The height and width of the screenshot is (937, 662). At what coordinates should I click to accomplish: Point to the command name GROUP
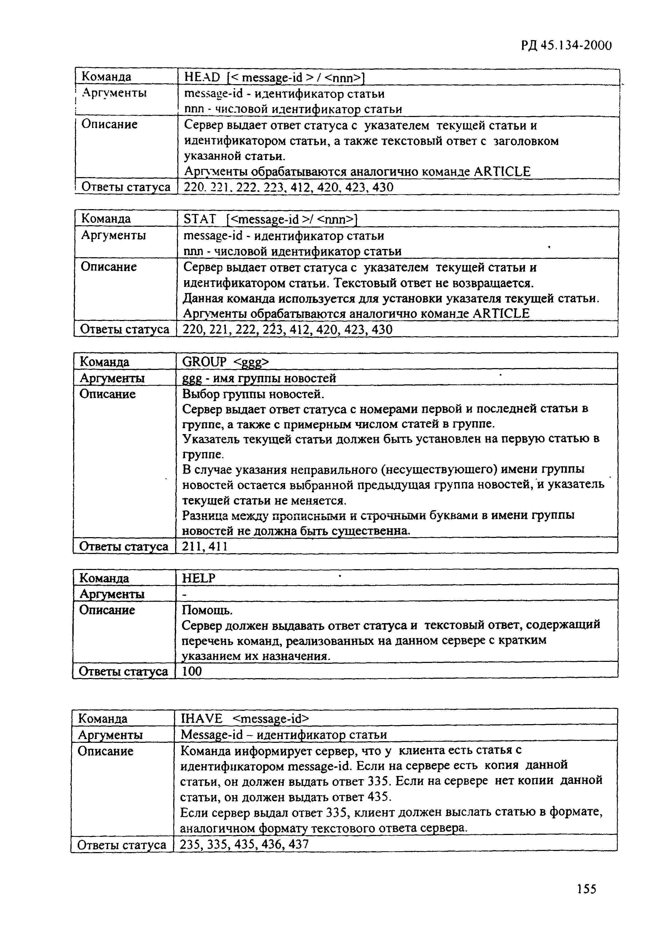pos(204,362)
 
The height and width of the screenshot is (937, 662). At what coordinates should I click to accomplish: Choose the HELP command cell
pos(199,578)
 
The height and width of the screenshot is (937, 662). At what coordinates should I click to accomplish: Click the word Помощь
pos(207,610)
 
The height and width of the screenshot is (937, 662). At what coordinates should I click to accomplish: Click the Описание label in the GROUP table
pos(108,394)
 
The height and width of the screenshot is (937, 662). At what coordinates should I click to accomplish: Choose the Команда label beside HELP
pos(104,578)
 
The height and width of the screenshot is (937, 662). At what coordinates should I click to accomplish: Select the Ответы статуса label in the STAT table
pos(124,329)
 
